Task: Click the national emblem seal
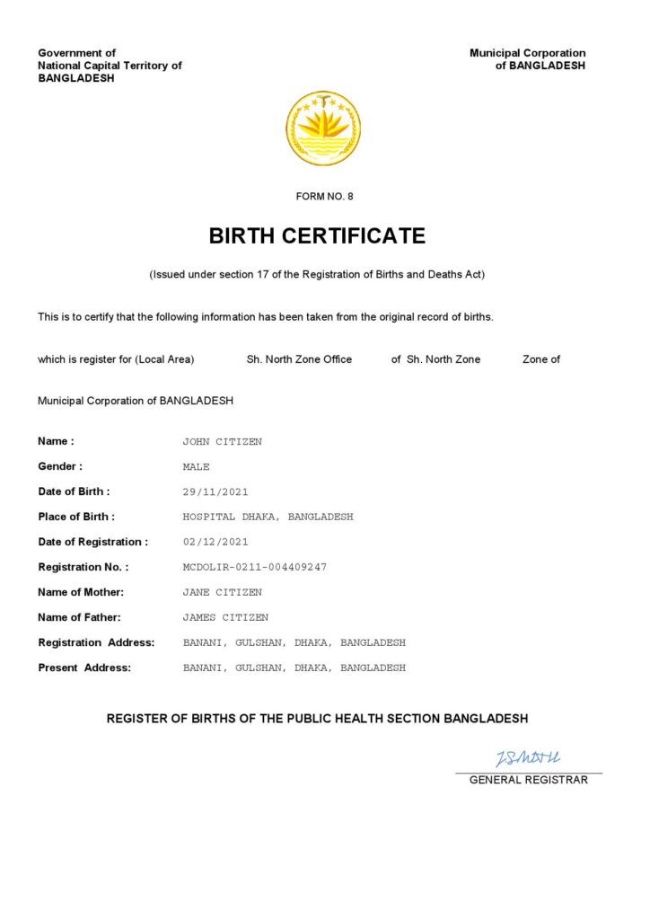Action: click(x=323, y=128)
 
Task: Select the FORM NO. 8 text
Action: click(x=325, y=197)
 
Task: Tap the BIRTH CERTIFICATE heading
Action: click(x=317, y=236)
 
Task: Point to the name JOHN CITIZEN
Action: click(x=223, y=442)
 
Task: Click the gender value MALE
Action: click(x=197, y=467)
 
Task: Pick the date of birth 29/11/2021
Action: click(x=215, y=492)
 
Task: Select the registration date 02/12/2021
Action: click(x=215, y=543)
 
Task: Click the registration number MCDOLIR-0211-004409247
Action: click(x=255, y=568)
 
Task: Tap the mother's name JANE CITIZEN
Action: click(x=223, y=593)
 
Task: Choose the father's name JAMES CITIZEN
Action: click(x=225, y=618)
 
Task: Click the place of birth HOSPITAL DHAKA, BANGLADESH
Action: click(x=268, y=517)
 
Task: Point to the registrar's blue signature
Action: click(x=528, y=759)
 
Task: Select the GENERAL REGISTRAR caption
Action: click(x=529, y=780)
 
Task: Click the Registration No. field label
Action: click(x=83, y=568)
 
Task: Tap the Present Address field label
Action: click(x=84, y=668)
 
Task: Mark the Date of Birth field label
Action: click(x=74, y=492)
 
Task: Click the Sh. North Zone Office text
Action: click(x=299, y=359)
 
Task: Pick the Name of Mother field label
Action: click(x=81, y=593)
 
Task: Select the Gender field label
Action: click(x=60, y=467)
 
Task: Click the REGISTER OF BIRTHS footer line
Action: click(x=317, y=719)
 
